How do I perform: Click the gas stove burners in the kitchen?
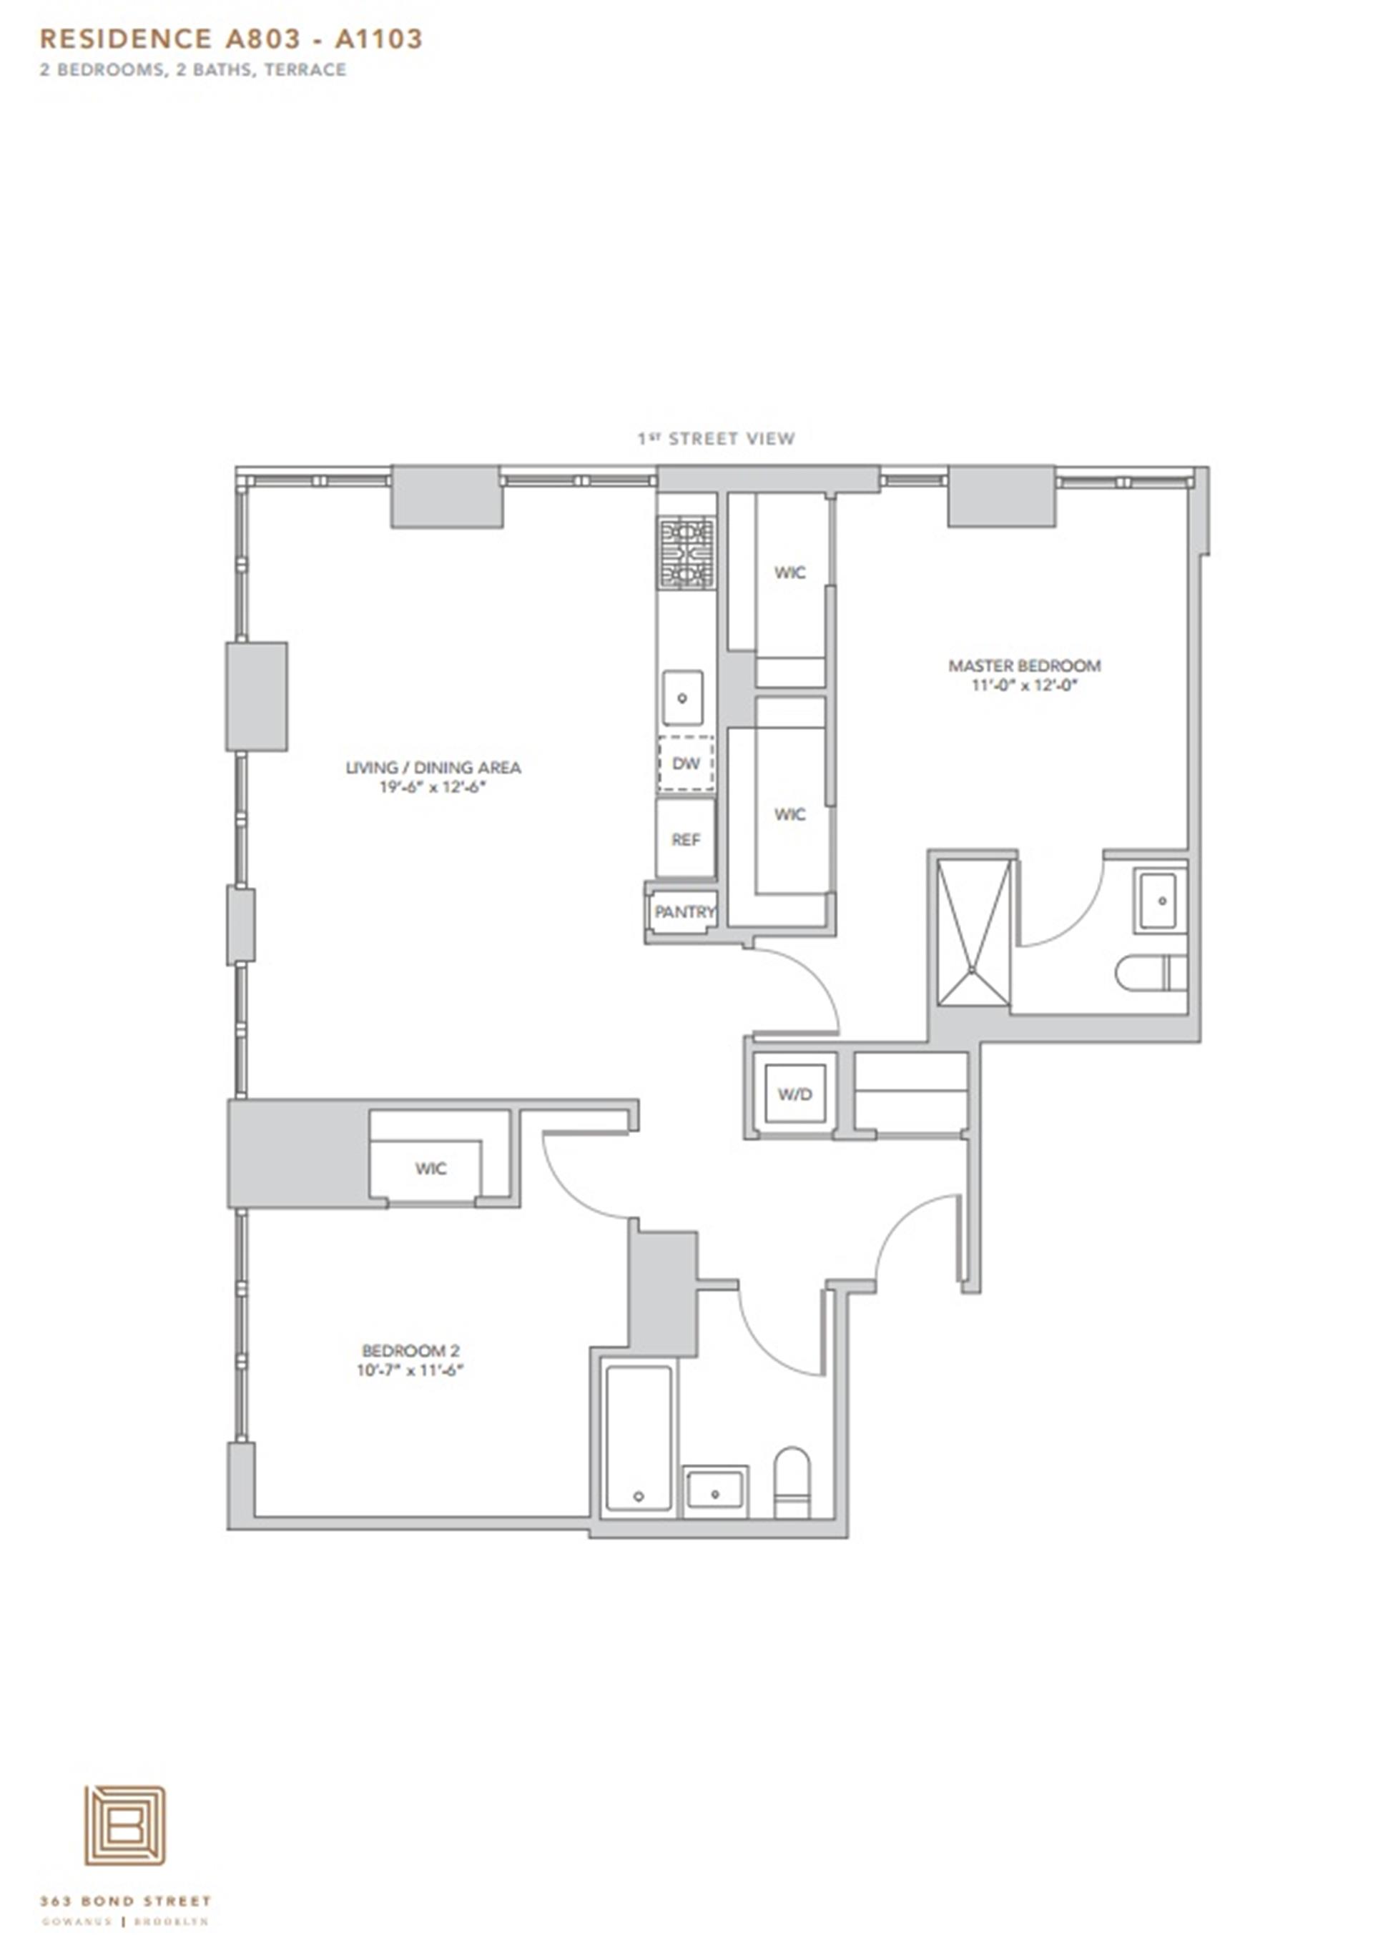pyautogui.click(x=686, y=554)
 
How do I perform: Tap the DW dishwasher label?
pyautogui.click(x=686, y=763)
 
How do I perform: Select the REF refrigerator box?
pyautogui.click(x=686, y=838)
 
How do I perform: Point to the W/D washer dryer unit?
pyautogui.click(x=794, y=1094)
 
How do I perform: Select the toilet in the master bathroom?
pyautogui.click(x=1151, y=972)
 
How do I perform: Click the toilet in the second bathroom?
pyautogui.click(x=792, y=1483)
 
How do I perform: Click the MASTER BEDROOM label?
pyautogui.click(x=1024, y=665)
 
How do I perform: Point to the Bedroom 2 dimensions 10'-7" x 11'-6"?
pyautogui.click(x=410, y=1370)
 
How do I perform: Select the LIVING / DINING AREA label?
pyautogui.click(x=433, y=768)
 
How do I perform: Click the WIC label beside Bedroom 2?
pyautogui.click(x=430, y=1169)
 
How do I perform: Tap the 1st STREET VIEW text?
pyautogui.click(x=716, y=438)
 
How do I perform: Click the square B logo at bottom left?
pyautogui.click(x=124, y=1825)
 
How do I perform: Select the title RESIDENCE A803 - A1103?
pyautogui.click(x=230, y=39)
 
